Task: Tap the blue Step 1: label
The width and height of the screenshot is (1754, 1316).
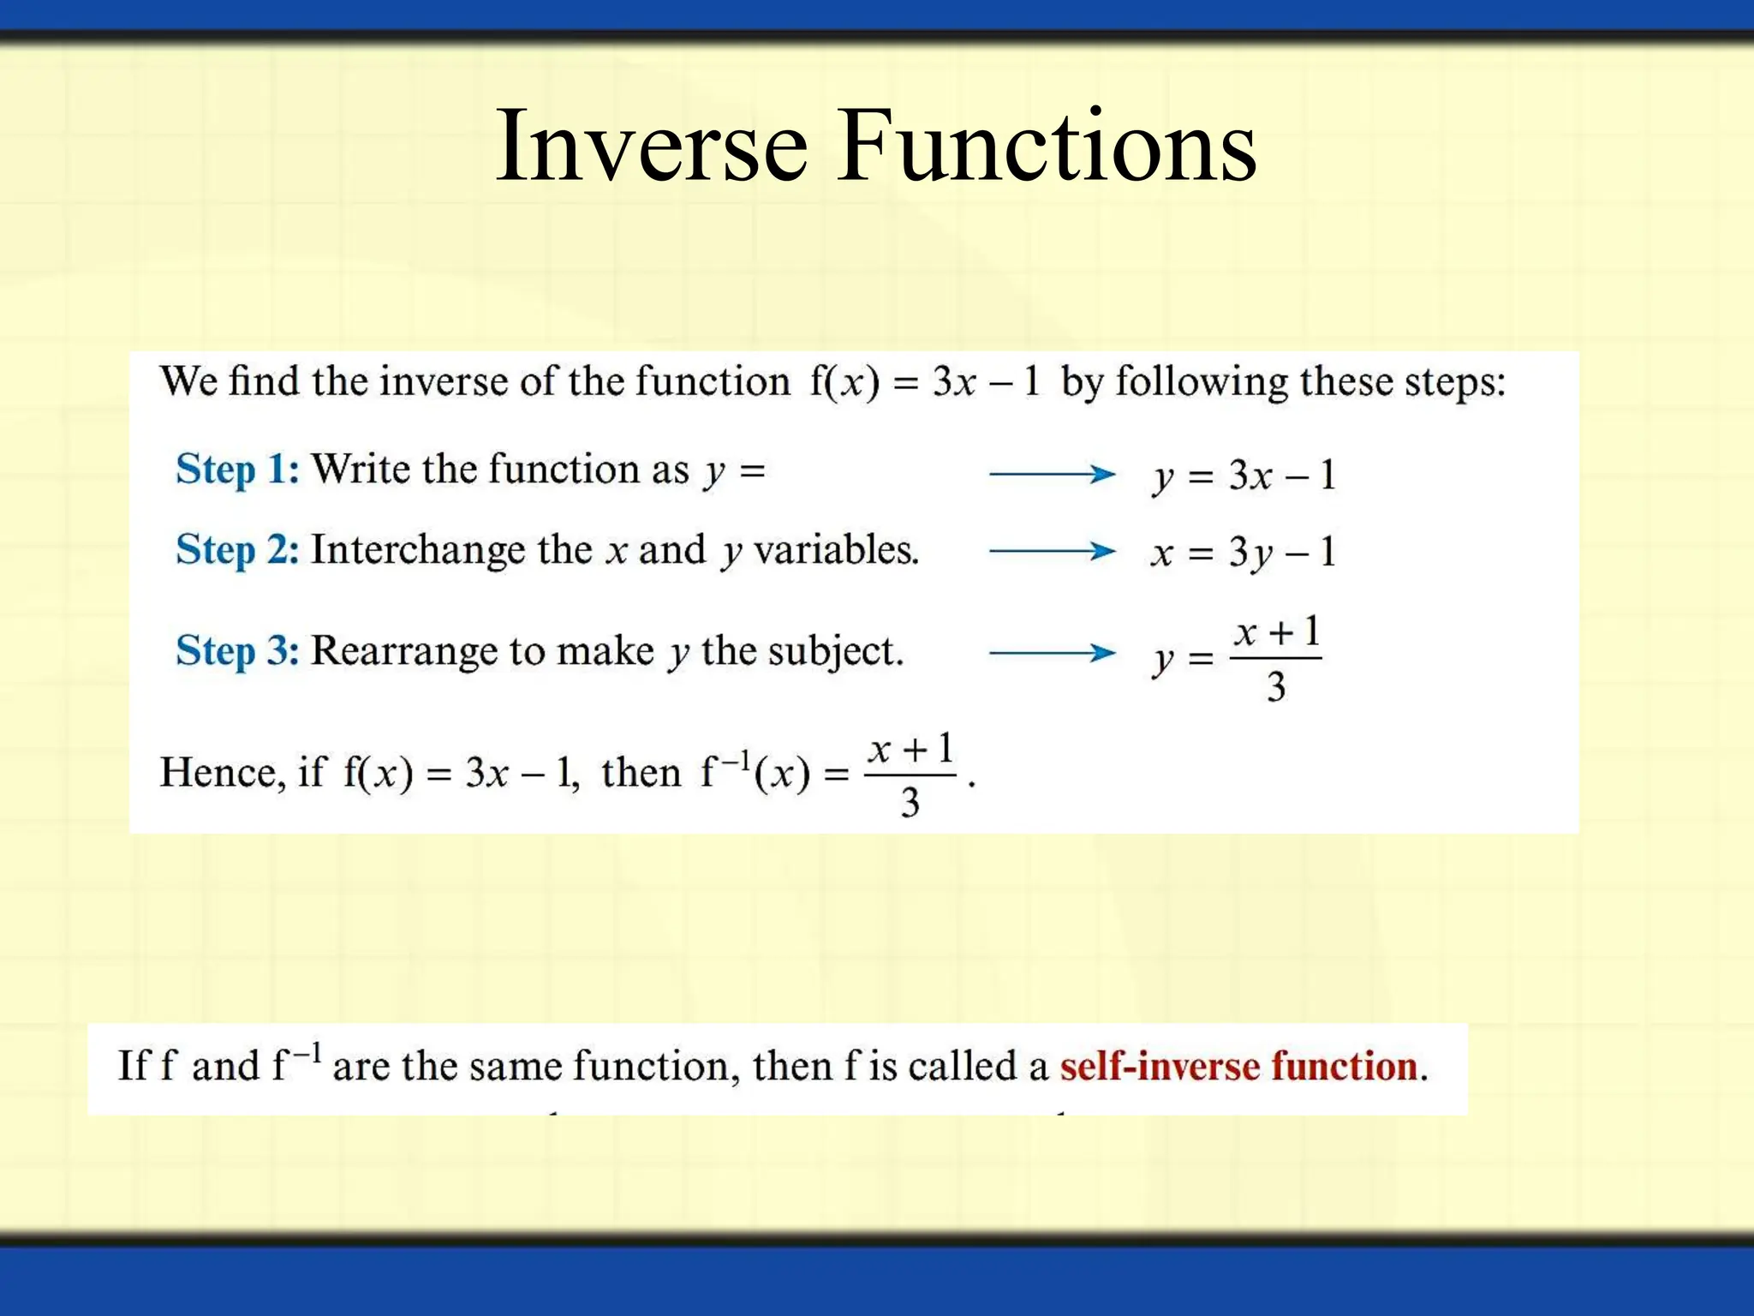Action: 237,470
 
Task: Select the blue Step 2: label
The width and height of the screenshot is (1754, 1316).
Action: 237,550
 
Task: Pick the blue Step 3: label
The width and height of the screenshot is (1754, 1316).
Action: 237,650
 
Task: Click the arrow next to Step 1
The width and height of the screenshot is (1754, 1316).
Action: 1052,474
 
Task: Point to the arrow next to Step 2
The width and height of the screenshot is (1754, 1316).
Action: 1052,551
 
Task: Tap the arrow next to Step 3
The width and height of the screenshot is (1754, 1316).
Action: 1052,653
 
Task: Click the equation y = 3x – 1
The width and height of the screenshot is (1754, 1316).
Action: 1244,476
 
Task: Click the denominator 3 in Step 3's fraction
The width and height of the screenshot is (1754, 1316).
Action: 1276,687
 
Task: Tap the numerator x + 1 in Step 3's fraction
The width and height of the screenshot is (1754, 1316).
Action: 1276,633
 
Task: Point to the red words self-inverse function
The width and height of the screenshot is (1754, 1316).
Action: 1238,1067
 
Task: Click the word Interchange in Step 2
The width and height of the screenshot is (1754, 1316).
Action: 417,551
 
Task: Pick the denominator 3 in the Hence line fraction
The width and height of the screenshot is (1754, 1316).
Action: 910,803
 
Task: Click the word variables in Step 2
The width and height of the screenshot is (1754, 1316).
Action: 836,551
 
